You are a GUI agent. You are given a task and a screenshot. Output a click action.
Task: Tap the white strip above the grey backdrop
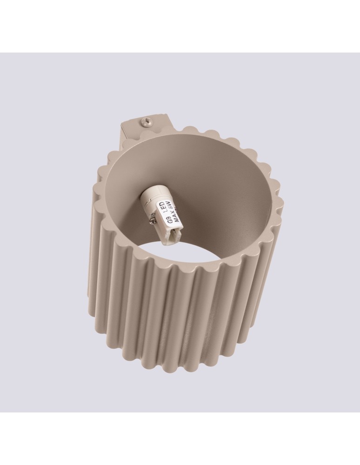coord(180,26)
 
